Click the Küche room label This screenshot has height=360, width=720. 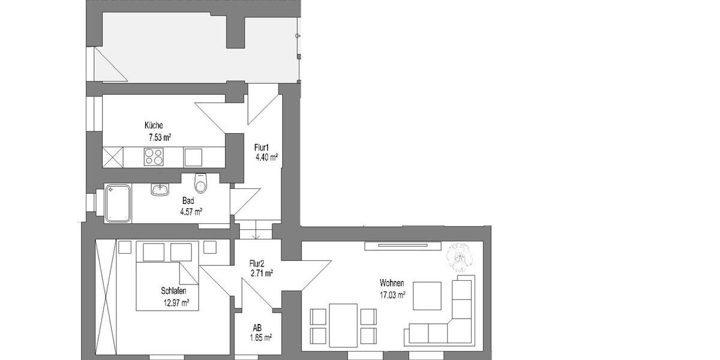[153, 127]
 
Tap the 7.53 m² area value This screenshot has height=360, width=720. [160, 137]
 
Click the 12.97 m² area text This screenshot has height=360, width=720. [176, 302]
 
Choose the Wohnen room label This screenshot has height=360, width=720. [391, 283]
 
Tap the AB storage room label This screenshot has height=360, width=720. [257, 328]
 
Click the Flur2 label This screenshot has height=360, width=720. [258, 263]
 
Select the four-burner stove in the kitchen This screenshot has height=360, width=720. [154, 157]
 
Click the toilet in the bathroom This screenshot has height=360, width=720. [200, 184]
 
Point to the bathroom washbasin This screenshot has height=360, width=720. [160, 190]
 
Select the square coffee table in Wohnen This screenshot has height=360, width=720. [427, 296]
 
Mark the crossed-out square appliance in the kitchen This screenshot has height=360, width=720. [113, 157]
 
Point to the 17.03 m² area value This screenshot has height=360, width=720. [392, 295]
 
